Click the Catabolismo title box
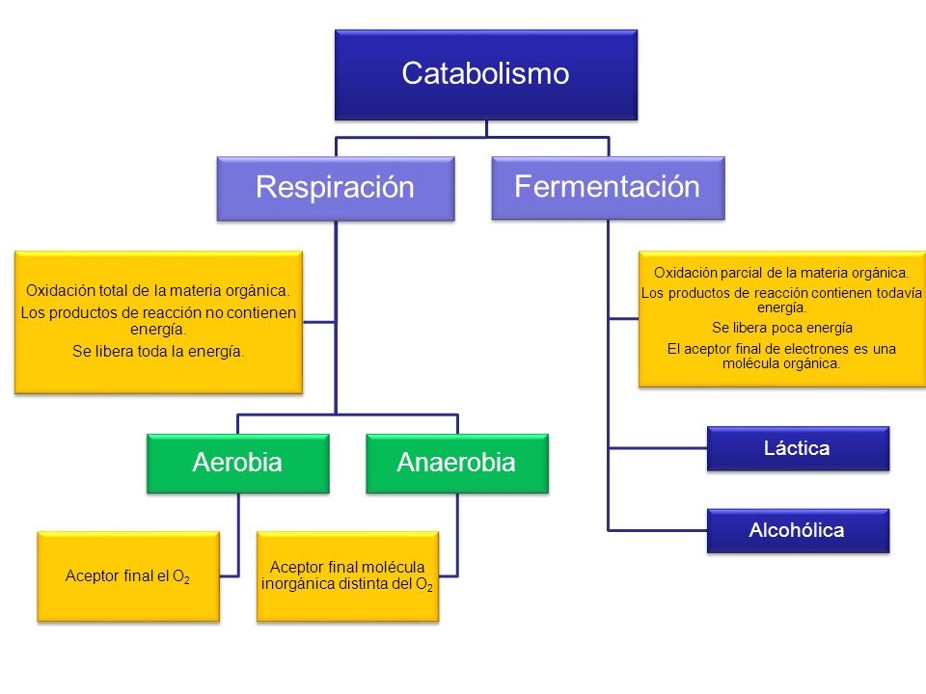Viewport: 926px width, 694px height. point(486,75)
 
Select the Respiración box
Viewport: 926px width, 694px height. point(336,189)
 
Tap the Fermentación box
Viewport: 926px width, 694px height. point(609,188)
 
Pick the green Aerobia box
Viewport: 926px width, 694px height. point(238,464)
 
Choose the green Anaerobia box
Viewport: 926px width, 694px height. point(457,464)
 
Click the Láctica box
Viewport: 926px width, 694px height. point(798,448)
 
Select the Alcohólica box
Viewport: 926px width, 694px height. point(798,530)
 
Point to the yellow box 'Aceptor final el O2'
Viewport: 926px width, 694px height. point(128,576)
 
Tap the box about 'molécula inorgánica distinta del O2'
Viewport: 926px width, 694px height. point(348,576)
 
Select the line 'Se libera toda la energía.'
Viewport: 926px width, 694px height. point(157,351)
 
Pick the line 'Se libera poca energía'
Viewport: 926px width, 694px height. point(782,328)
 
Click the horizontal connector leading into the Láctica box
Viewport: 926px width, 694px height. point(658,448)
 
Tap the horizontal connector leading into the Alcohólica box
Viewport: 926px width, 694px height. point(658,530)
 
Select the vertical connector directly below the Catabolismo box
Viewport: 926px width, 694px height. point(486,128)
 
